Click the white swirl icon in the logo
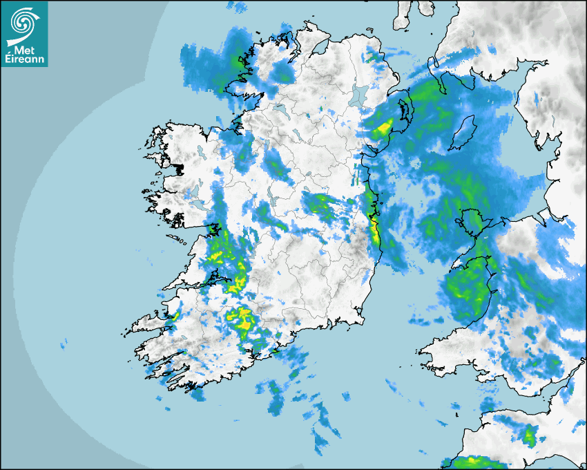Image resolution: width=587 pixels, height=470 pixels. (23, 22)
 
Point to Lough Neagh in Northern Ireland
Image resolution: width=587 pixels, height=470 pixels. (358, 95)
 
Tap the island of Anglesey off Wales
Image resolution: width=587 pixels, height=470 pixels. (474, 220)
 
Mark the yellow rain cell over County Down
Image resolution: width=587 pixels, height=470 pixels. (382, 128)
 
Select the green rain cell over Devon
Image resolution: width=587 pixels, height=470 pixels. (530, 436)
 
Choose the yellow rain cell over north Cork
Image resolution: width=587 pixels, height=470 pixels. (241, 319)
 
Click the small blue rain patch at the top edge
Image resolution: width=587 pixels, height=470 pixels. (239, 7)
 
